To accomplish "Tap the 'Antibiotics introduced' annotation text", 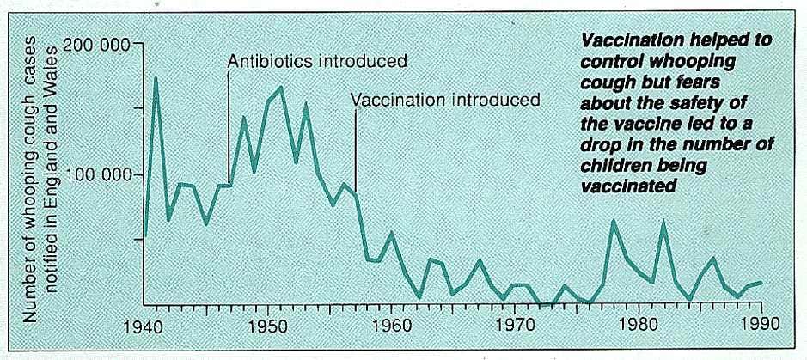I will (316, 63).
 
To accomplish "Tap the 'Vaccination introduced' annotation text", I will (445, 99).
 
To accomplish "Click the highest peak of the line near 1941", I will (156, 78).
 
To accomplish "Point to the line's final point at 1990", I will (761, 282).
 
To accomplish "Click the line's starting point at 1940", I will (144, 235).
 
